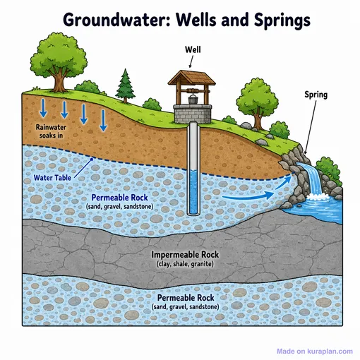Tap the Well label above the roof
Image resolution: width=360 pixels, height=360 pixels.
[x=193, y=49]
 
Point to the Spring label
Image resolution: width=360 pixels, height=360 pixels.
[x=316, y=95]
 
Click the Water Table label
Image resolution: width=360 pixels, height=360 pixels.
[x=52, y=178]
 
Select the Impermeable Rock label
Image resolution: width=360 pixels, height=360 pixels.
[x=185, y=255]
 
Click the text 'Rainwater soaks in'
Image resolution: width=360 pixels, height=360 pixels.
[x=51, y=131]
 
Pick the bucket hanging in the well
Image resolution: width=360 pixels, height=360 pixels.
[x=193, y=99]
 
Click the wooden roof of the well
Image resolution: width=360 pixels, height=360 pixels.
[x=191, y=78]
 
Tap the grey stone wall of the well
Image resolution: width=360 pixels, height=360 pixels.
[x=193, y=114]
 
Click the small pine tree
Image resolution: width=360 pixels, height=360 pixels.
[x=126, y=86]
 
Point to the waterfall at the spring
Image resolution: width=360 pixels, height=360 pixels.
[x=311, y=179]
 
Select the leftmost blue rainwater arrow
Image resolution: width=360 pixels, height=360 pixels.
[x=43, y=108]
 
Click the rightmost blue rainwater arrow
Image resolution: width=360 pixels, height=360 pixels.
[x=103, y=121]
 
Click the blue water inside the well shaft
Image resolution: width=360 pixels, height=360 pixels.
[x=194, y=192]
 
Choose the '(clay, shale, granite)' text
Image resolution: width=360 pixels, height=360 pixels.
[x=185, y=264]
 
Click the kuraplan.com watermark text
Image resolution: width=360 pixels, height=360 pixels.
[x=315, y=352]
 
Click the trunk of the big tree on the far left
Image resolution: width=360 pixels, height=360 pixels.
[x=59, y=80]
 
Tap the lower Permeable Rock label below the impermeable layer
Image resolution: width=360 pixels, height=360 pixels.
[x=186, y=298]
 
